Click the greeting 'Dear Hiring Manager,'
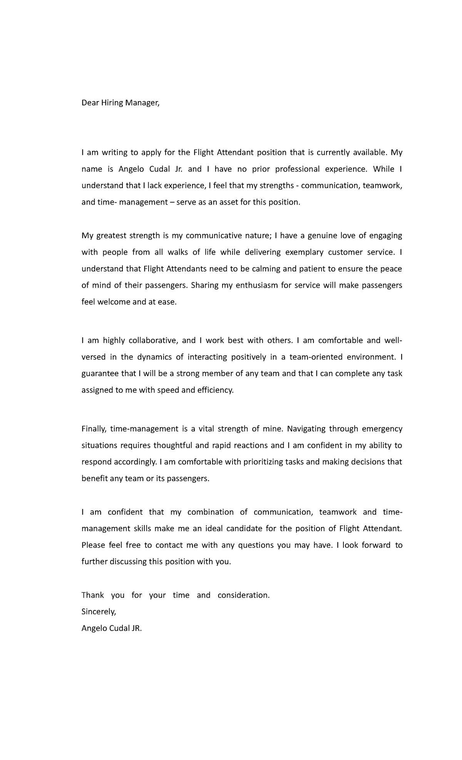pyautogui.click(x=120, y=103)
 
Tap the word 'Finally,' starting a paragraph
pyautogui.click(x=92, y=429)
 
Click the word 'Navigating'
pyautogui.click(x=306, y=428)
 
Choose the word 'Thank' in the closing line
pyautogui.click(x=92, y=595)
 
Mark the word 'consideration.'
pyautogui.click(x=244, y=595)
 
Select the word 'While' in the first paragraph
pyautogui.click(x=383, y=169)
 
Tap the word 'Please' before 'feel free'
pyautogui.click(x=94, y=545)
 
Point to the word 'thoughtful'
pyautogui.click(x=172, y=445)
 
